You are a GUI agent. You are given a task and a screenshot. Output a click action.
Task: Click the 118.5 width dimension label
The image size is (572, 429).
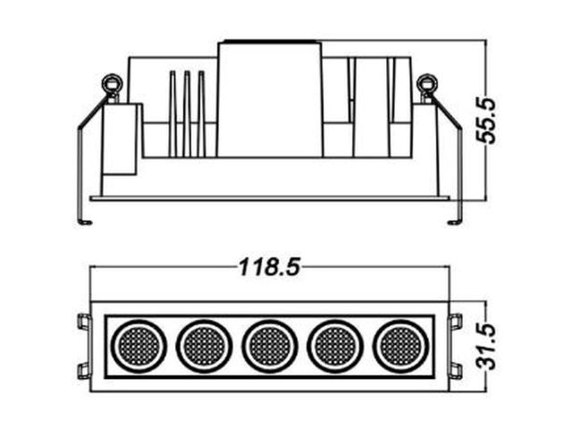(x=270, y=267)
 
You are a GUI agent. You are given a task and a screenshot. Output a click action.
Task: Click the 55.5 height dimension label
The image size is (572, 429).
(x=486, y=121)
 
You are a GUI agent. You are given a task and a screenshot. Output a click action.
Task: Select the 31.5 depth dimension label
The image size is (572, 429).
(x=487, y=346)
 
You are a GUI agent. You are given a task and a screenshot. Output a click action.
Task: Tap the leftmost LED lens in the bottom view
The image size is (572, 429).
(x=139, y=346)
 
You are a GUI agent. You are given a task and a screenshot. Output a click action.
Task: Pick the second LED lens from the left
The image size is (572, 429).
(x=204, y=346)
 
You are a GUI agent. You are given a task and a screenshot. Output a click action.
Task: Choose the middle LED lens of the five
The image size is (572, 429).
(x=270, y=346)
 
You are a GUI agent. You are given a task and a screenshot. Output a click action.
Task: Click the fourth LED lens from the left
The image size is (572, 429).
(x=335, y=346)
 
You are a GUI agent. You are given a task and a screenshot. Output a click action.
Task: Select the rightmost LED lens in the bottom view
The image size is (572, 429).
(x=401, y=346)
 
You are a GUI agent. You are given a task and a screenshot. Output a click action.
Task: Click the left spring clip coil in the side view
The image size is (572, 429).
(x=111, y=83)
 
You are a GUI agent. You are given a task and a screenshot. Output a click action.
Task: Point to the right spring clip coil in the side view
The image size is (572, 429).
(x=427, y=83)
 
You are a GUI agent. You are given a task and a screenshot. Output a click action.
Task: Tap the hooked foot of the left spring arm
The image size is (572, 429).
(x=85, y=222)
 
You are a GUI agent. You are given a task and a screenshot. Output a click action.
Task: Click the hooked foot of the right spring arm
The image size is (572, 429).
(x=455, y=222)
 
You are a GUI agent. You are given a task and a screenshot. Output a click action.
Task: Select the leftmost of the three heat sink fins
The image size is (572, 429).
(x=172, y=114)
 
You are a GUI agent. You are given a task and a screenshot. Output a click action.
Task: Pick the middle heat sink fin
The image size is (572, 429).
(x=187, y=114)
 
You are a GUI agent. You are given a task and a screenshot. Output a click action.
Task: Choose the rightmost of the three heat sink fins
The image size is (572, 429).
(x=201, y=114)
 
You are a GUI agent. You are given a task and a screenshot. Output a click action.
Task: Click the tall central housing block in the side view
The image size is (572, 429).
(x=270, y=99)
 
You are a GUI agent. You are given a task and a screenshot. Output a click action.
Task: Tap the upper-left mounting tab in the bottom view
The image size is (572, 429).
(x=84, y=322)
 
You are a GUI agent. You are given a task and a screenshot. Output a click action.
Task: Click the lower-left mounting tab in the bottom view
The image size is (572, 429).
(x=84, y=371)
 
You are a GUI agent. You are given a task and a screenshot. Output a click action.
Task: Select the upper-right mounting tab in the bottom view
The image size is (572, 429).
(x=456, y=322)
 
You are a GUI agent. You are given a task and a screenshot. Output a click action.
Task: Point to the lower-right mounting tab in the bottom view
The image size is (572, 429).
(x=456, y=371)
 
